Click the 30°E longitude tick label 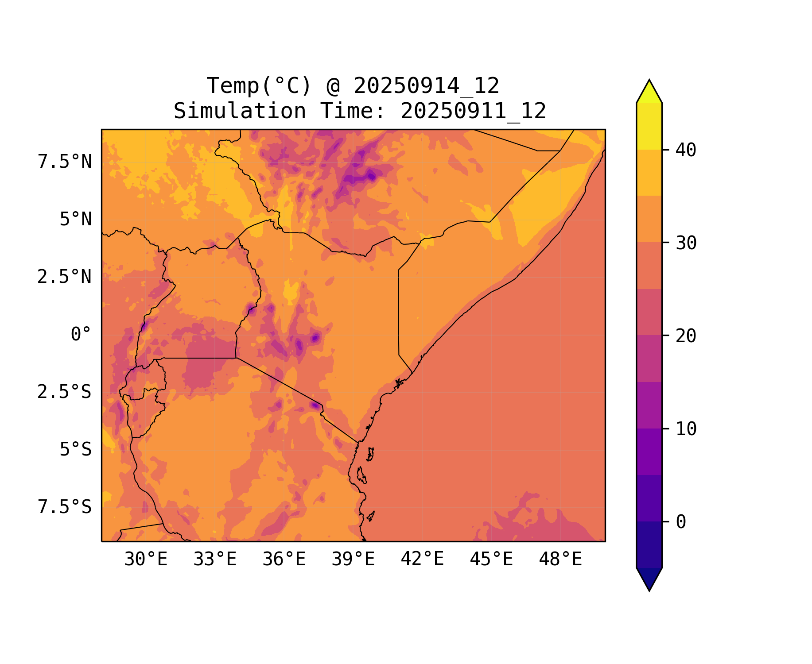pos(146,560)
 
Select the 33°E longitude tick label pos(215,560)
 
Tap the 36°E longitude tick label pos(284,560)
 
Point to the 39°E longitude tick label pos(353,560)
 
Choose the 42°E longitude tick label pos(422,559)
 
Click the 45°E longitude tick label pos(491,560)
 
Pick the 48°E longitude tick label pos(560,560)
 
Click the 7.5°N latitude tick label pos(65,162)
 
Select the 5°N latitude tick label pos(76,220)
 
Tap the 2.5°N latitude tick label pos(65,277)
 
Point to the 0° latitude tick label pos(81,335)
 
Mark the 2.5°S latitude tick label pos(65,392)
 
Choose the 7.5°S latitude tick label pos(65,507)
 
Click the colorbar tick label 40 pos(686,150)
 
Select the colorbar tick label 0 pos(681,522)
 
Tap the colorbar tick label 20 pos(686,336)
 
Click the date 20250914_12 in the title pos(426,86)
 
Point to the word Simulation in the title pos(240,111)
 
